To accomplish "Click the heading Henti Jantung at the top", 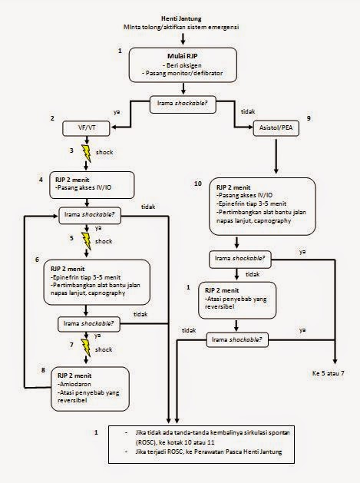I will coord(180,17).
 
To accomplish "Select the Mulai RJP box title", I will coord(180,56).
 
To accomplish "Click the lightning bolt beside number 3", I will coord(86,154).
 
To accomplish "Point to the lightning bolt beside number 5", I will coord(86,240).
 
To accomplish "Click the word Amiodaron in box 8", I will coord(74,386).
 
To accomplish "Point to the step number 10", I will coord(197,185).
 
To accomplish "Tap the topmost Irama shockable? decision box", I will coord(180,101).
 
